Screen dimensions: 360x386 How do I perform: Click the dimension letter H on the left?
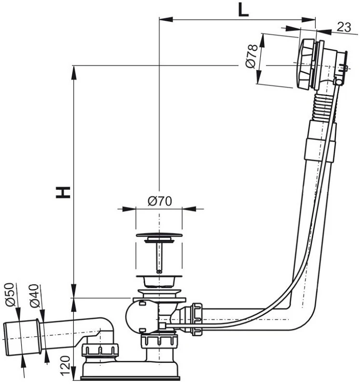(x=63, y=192)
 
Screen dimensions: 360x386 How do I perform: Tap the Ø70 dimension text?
(x=160, y=201)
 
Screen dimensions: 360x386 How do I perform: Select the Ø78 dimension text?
(x=252, y=56)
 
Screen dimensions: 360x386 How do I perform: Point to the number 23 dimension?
(x=344, y=27)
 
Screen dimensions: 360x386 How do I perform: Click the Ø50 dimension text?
(x=10, y=294)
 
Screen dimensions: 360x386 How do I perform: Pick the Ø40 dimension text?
(x=34, y=296)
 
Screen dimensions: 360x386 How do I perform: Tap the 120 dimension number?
(x=65, y=366)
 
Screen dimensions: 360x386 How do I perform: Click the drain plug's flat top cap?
(x=159, y=234)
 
